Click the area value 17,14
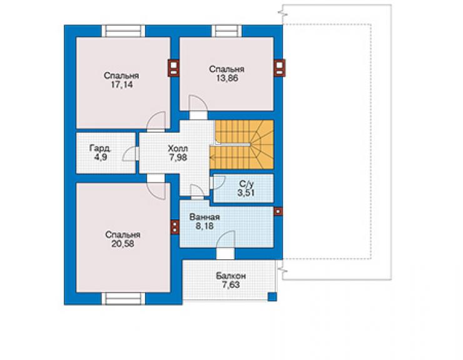121,85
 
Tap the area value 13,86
227,78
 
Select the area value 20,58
123,244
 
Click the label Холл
178,148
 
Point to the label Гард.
100,148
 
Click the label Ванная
205,217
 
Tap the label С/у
246,184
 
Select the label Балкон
231,276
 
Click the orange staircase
242,145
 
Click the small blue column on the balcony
272,297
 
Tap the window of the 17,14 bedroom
123,31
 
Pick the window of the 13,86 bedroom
226,31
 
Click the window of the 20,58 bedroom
123,299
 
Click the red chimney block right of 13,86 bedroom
280,68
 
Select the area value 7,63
231,285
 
